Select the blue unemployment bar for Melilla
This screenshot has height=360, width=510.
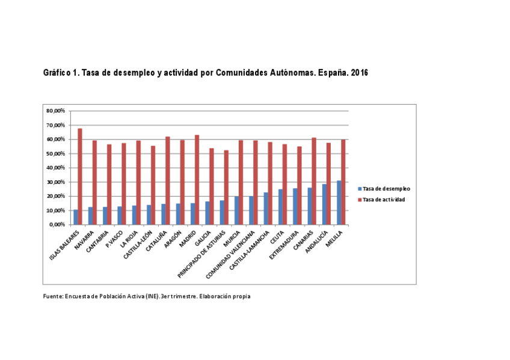click(x=339, y=203)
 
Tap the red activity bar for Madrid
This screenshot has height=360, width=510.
click(x=197, y=180)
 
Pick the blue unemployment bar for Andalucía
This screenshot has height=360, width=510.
click(x=324, y=204)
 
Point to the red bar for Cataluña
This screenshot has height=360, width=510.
click(x=168, y=180)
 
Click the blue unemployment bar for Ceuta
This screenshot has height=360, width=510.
click(x=280, y=207)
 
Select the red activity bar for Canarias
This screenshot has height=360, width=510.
click(x=313, y=181)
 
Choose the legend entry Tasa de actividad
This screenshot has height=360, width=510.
click(x=384, y=200)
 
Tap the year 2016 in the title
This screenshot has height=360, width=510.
click(x=360, y=73)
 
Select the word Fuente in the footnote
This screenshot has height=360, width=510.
click(x=53, y=296)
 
